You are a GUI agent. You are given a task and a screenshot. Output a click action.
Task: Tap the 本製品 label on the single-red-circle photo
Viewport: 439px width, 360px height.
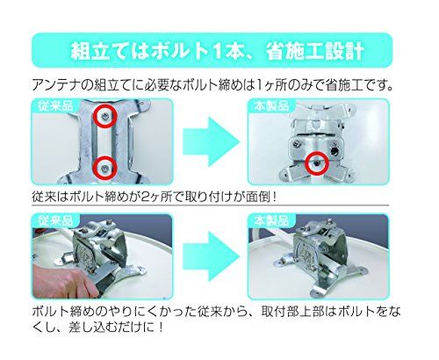pyautogui.click(x=266, y=104)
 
